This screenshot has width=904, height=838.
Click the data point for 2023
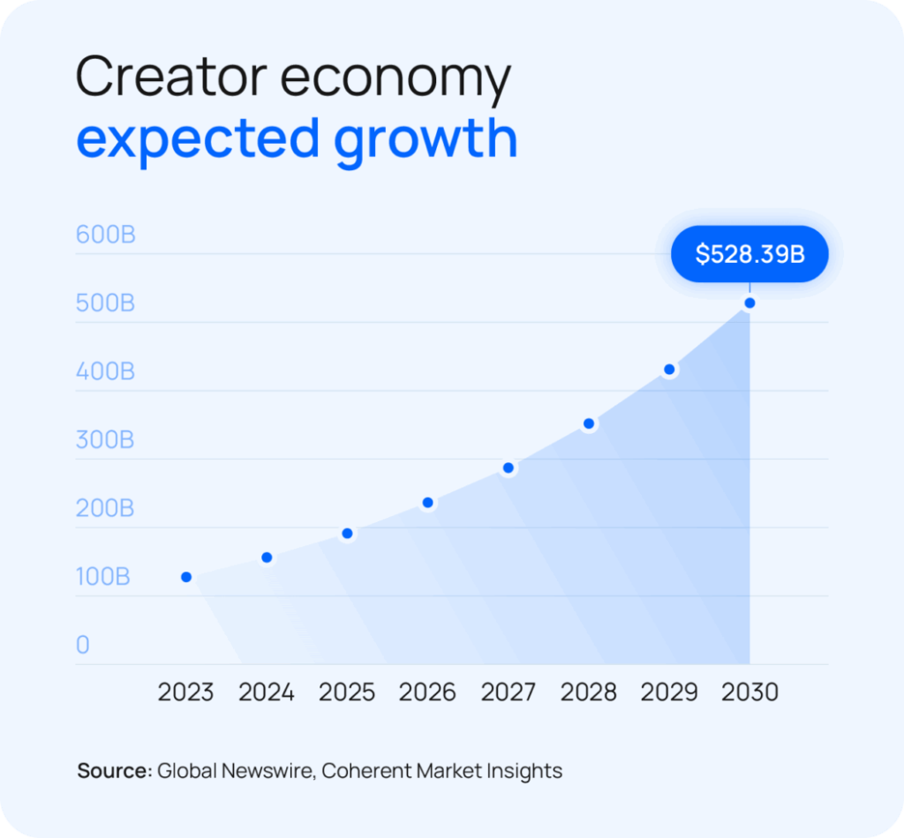click(186, 577)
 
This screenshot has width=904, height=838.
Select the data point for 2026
click(427, 503)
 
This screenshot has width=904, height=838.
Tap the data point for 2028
click(590, 424)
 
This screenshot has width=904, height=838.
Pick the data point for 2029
click(670, 370)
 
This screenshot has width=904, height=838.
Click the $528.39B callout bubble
click(750, 254)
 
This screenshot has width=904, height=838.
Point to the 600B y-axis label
click(106, 236)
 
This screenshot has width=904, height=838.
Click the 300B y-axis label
click(105, 439)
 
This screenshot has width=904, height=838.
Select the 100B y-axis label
click(103, 577)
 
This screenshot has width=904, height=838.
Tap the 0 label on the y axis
click(83, 645)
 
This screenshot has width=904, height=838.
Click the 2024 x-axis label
click(267, 692)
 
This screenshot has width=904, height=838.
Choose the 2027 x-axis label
click(508, 692)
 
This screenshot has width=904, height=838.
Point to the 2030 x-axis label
click(750, 692)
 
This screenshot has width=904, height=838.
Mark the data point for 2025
click(347, 534)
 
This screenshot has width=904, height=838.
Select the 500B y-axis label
click(105, 303)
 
